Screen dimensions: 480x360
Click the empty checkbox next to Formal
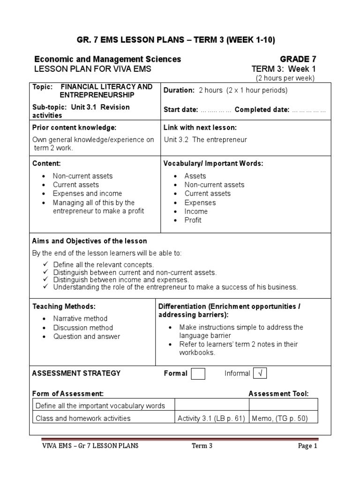[x=198, y=374]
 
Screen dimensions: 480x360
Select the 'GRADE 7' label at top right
[x=298, y=59]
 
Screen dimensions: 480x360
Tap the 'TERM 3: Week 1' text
[x=284, y=69]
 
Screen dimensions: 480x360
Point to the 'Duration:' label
[x=179, y=90]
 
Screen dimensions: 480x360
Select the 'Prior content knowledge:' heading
[x=74, y=127]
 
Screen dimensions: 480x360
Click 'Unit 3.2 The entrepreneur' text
[x=205, y=140]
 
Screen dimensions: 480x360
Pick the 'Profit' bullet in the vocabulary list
[x=193, y=220]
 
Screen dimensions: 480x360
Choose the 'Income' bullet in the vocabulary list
[x=196, y=211]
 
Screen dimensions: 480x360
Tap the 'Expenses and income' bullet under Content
[x=87, y=194]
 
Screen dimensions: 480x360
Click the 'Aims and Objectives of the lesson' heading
[x=90, y=241]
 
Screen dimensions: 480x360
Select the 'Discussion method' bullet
[x=82, y=328]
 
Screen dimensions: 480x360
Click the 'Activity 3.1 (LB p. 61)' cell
[x=211, y=419]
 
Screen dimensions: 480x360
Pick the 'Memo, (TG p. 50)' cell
[x=280, y=419]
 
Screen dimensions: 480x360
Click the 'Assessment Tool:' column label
[x=278, y=394]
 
